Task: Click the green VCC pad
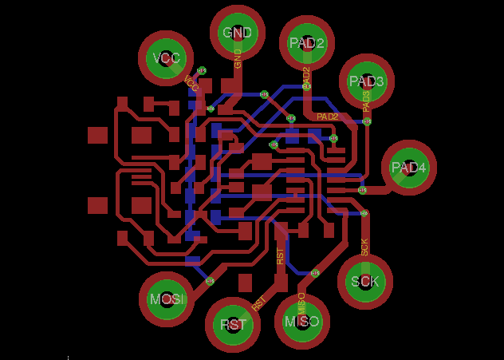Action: tap(167, 57)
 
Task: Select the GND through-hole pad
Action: tap(237, 33)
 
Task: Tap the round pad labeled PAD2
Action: tap(306, 42)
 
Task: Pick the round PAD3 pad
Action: tap(367, 81)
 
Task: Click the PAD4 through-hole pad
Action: tap(409, 168)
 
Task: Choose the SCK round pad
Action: tap(365, 281)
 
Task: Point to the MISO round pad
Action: tap(302, 322)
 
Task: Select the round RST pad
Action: tap(233, 325)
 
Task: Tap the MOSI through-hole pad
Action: tap(167, 299)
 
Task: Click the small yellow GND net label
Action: tap(238, 58)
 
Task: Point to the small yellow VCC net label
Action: tap(191, 82)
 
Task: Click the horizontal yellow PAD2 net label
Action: tap(328, 117)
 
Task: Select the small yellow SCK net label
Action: tap(364, 247)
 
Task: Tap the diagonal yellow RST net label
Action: tap(258, 303)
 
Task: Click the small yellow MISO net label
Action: tap(301, 301)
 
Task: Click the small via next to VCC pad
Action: tap(201, 71)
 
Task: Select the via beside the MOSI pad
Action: tap(211, 281)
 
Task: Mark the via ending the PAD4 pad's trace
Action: tap(363, 190)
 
